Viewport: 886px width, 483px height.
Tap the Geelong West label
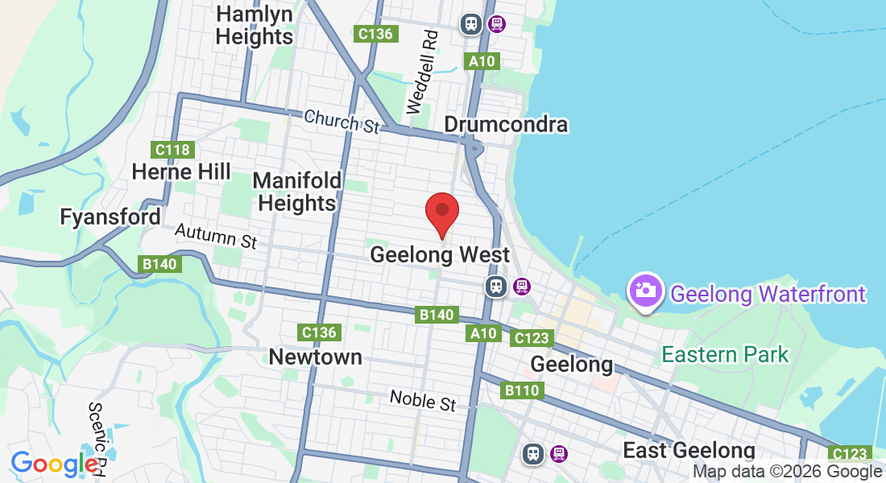pyautogui.click(x=440, y=255)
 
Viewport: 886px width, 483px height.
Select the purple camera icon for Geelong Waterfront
pyautogui.click(x=646, y=291)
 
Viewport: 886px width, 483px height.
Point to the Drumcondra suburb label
pyautogui.click(x=506, y=125)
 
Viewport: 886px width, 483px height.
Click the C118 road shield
pyautogui.click(x=172, y=150)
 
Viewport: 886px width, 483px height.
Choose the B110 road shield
pyautogui.click(x=523, y=391)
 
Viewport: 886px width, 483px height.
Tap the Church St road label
pyautogui.click(x=342, y=122)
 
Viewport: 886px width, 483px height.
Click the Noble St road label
pyautogui.click(x=423, y=400)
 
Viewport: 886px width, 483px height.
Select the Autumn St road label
pyautogui.click(x=215, y=235)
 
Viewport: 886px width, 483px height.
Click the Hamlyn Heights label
pyautogui.click(x=255, y=26)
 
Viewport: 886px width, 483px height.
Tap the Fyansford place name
pyautogui.click(x=110, y=217)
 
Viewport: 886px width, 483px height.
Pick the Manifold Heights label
pyautogui.click(x=297, y=192)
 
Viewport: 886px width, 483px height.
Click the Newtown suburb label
pyautogui.click(x=316, y=357)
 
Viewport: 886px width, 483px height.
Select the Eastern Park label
pyautogui.click(x=725, y=354)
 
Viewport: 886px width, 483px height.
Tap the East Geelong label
pyautogui.click(x=689, y=451)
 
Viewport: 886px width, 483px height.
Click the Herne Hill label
pyautogui.click(x=181, y=171)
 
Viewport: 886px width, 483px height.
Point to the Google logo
pyautogui.click(x=55, y=464)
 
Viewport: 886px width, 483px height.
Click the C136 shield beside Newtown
pyautogui.click(x=319, y=332)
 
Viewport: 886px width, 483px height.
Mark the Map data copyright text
pyautogui.click(x=787, y=473)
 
